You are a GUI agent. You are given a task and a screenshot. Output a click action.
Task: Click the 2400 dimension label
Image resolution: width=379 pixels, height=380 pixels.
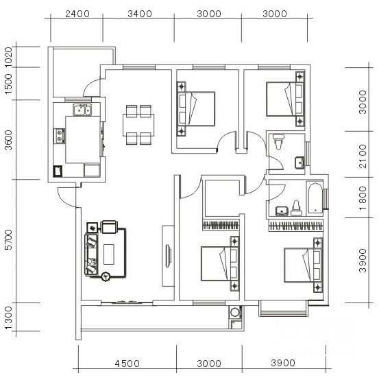click(77, 14)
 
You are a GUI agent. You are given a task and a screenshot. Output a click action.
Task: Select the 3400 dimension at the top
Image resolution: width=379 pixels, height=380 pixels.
click(140, 14)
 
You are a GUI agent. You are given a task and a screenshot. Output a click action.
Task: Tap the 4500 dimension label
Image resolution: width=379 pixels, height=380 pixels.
click(127, 364)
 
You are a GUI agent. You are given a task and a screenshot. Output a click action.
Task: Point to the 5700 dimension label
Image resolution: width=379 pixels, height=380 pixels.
click(9, 239)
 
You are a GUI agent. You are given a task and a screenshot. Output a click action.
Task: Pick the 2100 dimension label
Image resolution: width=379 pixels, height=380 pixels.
click(363, 156)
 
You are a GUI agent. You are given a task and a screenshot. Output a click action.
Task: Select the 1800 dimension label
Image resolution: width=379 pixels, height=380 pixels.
click(363, 198)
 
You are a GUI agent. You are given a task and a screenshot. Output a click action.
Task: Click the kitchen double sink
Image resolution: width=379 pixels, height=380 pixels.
click(82, 110)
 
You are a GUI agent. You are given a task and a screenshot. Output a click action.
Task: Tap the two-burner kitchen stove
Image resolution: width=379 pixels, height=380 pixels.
click(60, 136)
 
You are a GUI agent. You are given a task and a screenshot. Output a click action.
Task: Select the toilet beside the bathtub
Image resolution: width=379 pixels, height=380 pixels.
click(297, 209)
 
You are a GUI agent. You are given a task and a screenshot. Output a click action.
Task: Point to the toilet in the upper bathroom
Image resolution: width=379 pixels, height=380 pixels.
click(278, 141)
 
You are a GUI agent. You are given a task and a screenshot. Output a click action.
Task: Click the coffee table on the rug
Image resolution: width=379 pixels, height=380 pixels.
click(109, 254)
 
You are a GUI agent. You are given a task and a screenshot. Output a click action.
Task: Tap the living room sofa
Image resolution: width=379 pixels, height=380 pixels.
click(91, 254)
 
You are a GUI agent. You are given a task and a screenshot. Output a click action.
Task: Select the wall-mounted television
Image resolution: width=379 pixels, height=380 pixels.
click(168, 256)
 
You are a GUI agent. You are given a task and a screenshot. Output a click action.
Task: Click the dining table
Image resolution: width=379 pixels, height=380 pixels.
click(138, 125)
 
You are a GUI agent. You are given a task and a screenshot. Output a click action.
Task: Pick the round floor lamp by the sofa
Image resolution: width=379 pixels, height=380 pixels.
click(106, 276)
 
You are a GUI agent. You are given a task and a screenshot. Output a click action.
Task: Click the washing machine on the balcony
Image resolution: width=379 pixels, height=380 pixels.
click(234, 312)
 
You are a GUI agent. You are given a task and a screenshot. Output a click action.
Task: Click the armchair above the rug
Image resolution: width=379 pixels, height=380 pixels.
click(109, 227)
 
